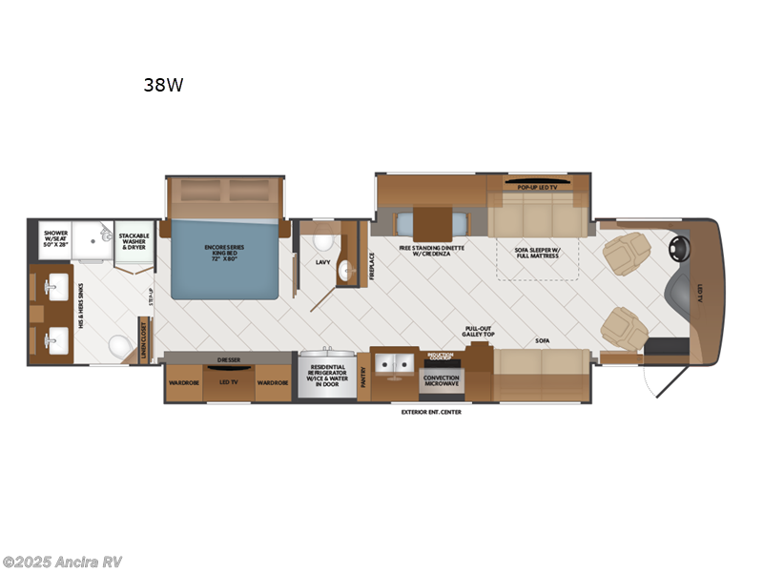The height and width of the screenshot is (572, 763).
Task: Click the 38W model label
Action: pyautogui.click(x=163, y=84)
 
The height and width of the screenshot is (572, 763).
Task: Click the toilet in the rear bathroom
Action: pyautogui.click(x=119, y=345)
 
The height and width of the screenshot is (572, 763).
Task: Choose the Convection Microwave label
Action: pyautogui.click(x=441, y=381)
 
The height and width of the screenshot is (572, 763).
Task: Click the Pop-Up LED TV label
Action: pyautogui.click(x=538, y=188)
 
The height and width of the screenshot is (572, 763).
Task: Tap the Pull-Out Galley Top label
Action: pyautogui.click(x=478, y=329)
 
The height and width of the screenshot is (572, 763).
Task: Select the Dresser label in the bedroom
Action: pyautogui.click(x=228, y=360)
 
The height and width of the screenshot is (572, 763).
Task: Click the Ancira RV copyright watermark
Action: pyautogui.click(x=62, y=562)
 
